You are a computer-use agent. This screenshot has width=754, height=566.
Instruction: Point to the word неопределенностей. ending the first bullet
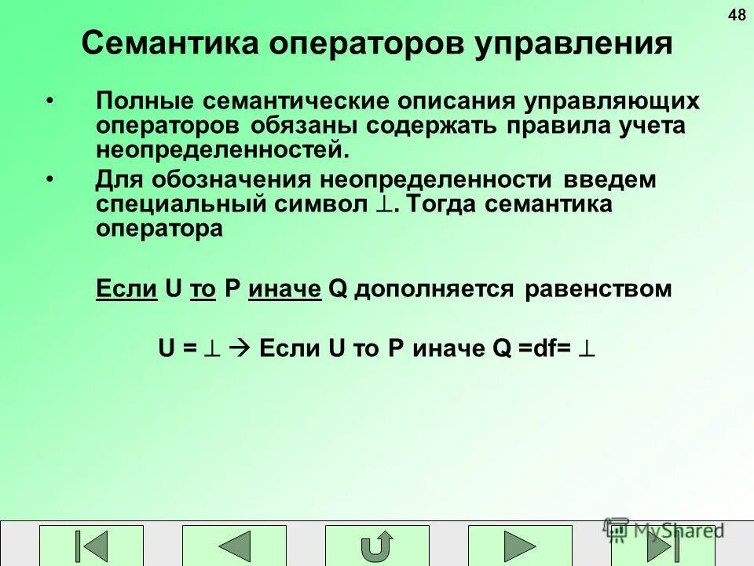coord(221,148)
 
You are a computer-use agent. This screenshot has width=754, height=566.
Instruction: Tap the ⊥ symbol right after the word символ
coord(385,205)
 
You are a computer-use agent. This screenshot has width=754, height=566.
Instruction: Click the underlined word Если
coord(126,289)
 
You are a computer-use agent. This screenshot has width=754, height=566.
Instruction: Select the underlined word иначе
coord(284,289)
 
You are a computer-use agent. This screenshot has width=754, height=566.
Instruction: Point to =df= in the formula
coord(544,348)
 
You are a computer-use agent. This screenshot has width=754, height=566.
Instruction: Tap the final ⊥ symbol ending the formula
coord(587,348)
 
